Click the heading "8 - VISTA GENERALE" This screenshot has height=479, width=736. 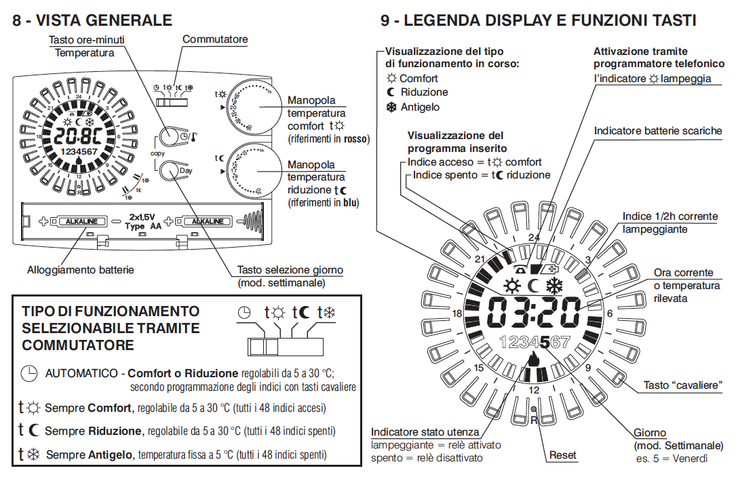[92, 20]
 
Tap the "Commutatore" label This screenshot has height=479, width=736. [215, 39]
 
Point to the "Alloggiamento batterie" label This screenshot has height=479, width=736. [81, 269]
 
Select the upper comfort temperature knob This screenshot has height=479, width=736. [252, 107]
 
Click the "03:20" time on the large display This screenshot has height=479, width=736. [533, 312]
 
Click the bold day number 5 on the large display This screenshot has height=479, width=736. [535, 342]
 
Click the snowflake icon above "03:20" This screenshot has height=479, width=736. [556, 286]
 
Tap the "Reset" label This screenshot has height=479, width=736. [562, 455]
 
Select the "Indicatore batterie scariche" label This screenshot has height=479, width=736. [657, 130]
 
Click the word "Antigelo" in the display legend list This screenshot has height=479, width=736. [420, 107]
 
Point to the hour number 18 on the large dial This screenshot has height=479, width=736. [457, 313]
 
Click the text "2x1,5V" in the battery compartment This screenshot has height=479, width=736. [144, 217]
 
